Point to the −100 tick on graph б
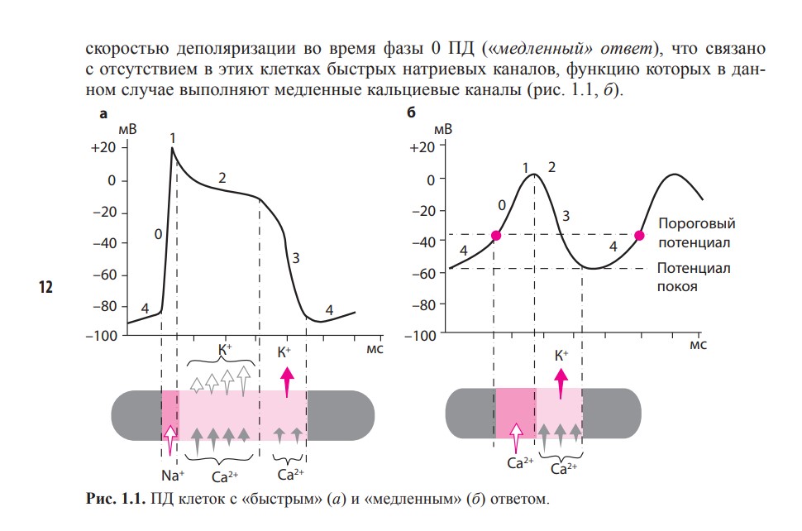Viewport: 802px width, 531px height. [423, 336]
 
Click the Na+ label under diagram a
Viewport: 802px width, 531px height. [173, 476]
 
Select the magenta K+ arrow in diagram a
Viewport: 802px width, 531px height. [288, 383]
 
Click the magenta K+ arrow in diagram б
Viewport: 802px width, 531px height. [561, 384]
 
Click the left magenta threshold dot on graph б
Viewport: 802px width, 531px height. [496, 236]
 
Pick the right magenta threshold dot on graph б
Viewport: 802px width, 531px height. [639, 236]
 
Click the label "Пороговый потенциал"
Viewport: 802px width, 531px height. [696, 233]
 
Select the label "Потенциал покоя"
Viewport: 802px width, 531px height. [695, 278]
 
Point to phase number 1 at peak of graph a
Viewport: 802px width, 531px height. [173, 137]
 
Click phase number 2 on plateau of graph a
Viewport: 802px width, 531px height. [222, 178]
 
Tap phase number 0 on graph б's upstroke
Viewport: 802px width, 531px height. [502, 204]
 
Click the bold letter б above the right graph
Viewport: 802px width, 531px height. [413, 116]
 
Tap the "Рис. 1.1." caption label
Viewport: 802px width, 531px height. [114, 500]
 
